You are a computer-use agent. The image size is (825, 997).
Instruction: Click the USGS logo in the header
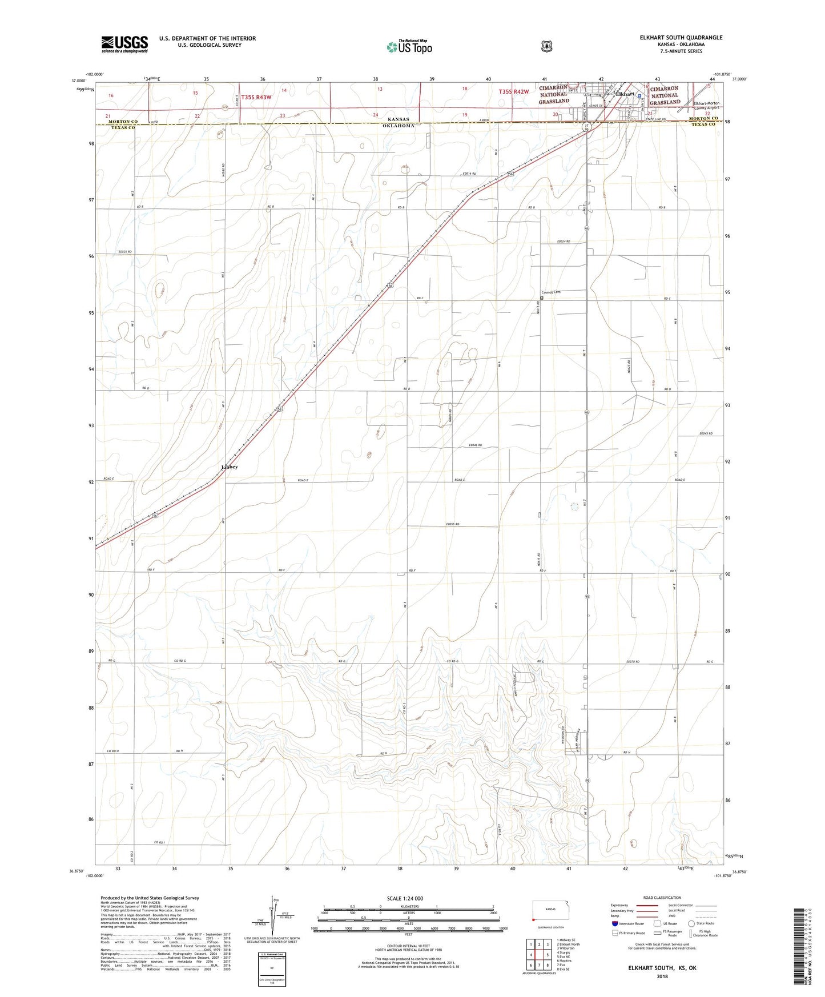point(124,44)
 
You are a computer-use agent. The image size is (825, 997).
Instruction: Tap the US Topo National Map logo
point(409,47)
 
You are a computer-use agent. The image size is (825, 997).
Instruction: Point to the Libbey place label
point(230,467)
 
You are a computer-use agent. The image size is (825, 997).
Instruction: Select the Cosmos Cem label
point(552,292)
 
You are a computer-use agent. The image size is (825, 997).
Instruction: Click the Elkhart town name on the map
point(626,94)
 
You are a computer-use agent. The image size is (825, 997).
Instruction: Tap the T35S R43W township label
point(256,98)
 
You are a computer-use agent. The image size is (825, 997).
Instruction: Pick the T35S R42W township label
point(514,91)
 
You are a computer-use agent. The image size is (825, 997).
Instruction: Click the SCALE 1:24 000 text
point(405,898)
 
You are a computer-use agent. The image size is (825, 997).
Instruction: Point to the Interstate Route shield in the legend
point(615,923)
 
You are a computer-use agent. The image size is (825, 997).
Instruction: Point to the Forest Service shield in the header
point(546,46)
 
